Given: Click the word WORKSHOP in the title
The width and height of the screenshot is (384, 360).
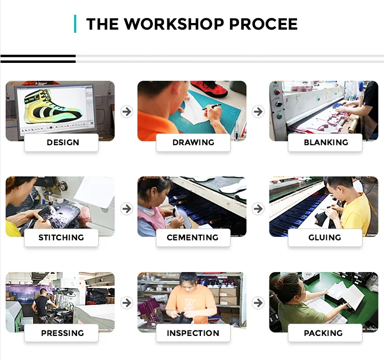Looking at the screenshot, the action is point(174,24).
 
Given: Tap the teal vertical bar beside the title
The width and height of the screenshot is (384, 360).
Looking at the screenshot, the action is point(75,24).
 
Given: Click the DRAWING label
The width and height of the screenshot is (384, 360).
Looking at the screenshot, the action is point(193,142).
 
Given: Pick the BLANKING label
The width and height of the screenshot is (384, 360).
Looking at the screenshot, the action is point(326,142).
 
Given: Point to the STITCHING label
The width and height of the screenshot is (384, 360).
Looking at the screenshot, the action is point(61,237).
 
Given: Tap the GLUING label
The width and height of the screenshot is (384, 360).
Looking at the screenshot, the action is point(325,237).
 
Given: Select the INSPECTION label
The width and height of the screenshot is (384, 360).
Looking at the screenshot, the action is point(193,333).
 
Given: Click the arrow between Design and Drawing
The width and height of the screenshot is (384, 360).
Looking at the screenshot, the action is point(127,111).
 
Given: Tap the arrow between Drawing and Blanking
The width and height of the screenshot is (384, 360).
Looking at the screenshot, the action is point(258,111).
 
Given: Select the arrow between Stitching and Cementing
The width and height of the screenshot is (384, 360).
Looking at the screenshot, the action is point(127,209).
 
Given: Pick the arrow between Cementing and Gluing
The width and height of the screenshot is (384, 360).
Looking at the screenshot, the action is point(258,209).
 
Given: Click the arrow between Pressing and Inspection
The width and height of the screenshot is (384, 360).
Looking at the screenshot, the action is point(127,303).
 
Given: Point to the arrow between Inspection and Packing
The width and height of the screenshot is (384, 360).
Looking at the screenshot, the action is point(258,303).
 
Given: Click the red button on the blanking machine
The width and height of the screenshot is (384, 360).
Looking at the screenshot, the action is point(277,92).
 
